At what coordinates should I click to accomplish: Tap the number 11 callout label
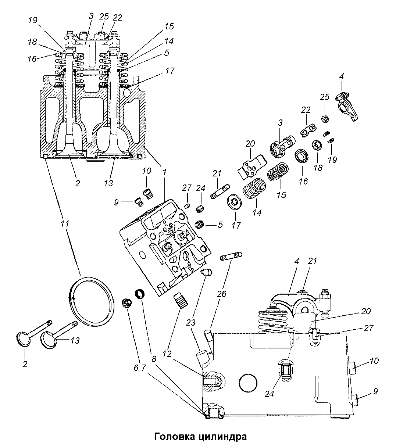click(65, 224)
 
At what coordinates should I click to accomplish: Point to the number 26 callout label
click(221, 294)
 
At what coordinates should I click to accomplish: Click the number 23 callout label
click(190, 323)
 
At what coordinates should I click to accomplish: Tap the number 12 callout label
click(167, 354)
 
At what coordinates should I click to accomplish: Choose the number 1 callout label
click(164, 172)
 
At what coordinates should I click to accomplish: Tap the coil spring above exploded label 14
click(254, 189)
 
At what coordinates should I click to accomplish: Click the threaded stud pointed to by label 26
click(231, 256)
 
